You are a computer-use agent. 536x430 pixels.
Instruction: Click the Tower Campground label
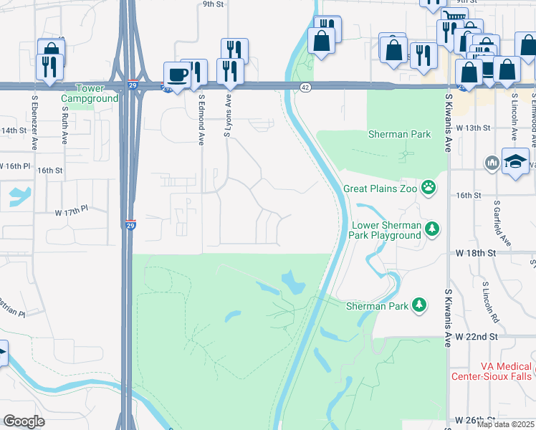coord(90,93)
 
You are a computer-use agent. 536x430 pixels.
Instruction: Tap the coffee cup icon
coord(176,75)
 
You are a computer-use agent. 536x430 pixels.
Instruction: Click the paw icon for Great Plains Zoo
coord(429,188)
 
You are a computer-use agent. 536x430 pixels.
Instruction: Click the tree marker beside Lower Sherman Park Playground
coord(431,229)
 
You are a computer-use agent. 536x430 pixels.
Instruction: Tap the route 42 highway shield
coord(305,87)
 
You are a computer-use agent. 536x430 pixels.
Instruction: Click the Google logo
coord(24,421)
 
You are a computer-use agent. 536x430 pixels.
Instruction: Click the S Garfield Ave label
coord(502,224)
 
